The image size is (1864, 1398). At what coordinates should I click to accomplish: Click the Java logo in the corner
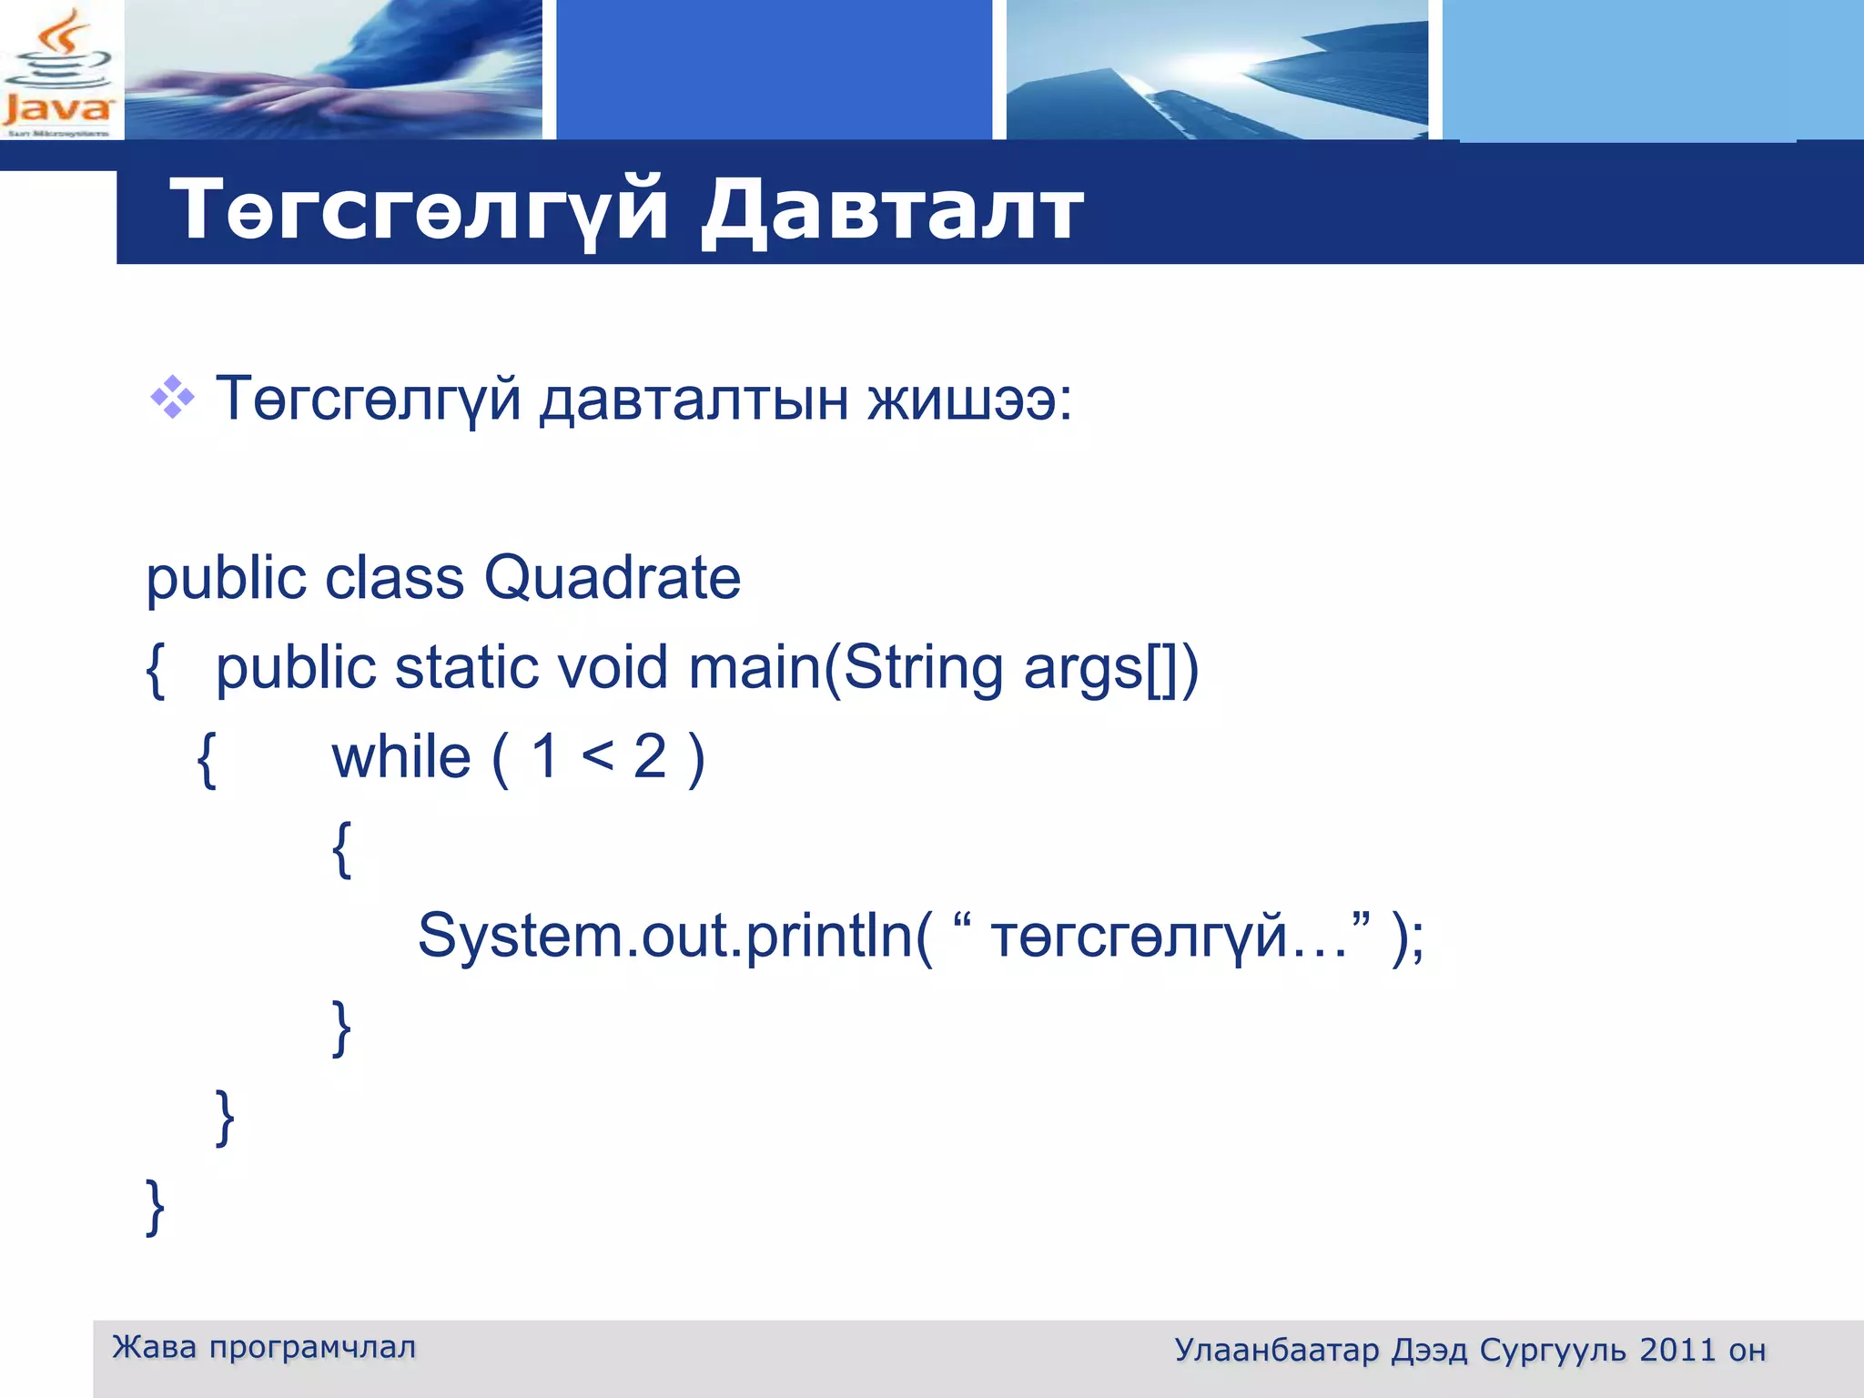tap(58, 71)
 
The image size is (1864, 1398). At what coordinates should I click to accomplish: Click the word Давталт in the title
tap(892, 211)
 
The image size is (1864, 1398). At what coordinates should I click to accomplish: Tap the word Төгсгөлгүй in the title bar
tap(419, 211)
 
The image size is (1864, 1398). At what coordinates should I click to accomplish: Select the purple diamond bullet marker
tap(172, 398)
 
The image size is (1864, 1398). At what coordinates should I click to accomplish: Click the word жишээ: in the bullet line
tap(969, 400)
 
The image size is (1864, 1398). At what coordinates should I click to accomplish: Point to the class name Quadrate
tap(612, 578)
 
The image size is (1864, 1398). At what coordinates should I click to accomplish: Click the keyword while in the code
tap(401, 757)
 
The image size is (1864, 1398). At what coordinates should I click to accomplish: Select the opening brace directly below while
tap(341, 848)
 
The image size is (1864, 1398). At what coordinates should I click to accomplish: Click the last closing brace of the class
tap(156, 1207)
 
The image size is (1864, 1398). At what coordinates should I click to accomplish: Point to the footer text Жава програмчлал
tap(264, 1347)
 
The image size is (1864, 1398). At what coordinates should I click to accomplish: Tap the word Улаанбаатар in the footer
tap(1276, 1350)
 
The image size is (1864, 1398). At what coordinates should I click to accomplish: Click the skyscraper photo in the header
tap(1217, 71)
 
